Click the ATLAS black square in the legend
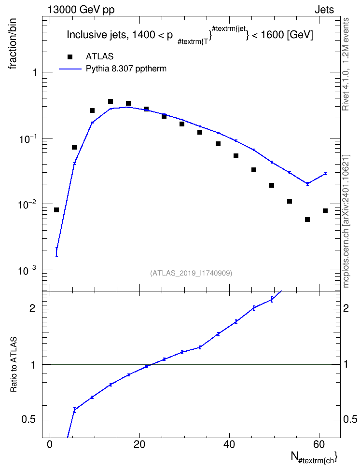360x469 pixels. pyautogui.click(x=70, y=56)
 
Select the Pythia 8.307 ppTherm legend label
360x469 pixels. pyautogui.click(x=126, y=69)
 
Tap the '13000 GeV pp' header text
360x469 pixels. pyautogui.click(x=81, y=10)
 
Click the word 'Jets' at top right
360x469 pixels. pyautogui.click(x=324, y=10)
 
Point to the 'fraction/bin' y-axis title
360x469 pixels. pyautogui.click(x=12, y=44)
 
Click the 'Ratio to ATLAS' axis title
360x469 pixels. pyautogui.click(x=13, y=365)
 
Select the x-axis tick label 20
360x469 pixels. pyautogui.click(x=139, y=444)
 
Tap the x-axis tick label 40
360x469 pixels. pyautogui.click(x=229, y=444)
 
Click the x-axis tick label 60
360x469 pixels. pyautogui.click(x=319, y=444)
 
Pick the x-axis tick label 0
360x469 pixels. pyautogui.click(x=50, y=444)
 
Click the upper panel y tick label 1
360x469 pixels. pyautogui.click(x=35, y=72)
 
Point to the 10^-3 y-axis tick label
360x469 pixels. pyautogui.click(x=27, y=270)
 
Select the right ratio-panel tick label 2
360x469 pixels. pyautogui.click(x=346, y=308)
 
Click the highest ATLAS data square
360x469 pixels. pyautogui.click(x=111, y=101)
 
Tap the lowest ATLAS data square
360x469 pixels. pyautogui.click(x=307, y=220)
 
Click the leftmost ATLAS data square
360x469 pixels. pyautogui.click(x=56, y=210)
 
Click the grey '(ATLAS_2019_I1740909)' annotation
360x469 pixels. pyautogui.click(x=191, y=273)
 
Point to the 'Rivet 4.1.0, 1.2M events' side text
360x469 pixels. pyautogui.click(x=346, y=64)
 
